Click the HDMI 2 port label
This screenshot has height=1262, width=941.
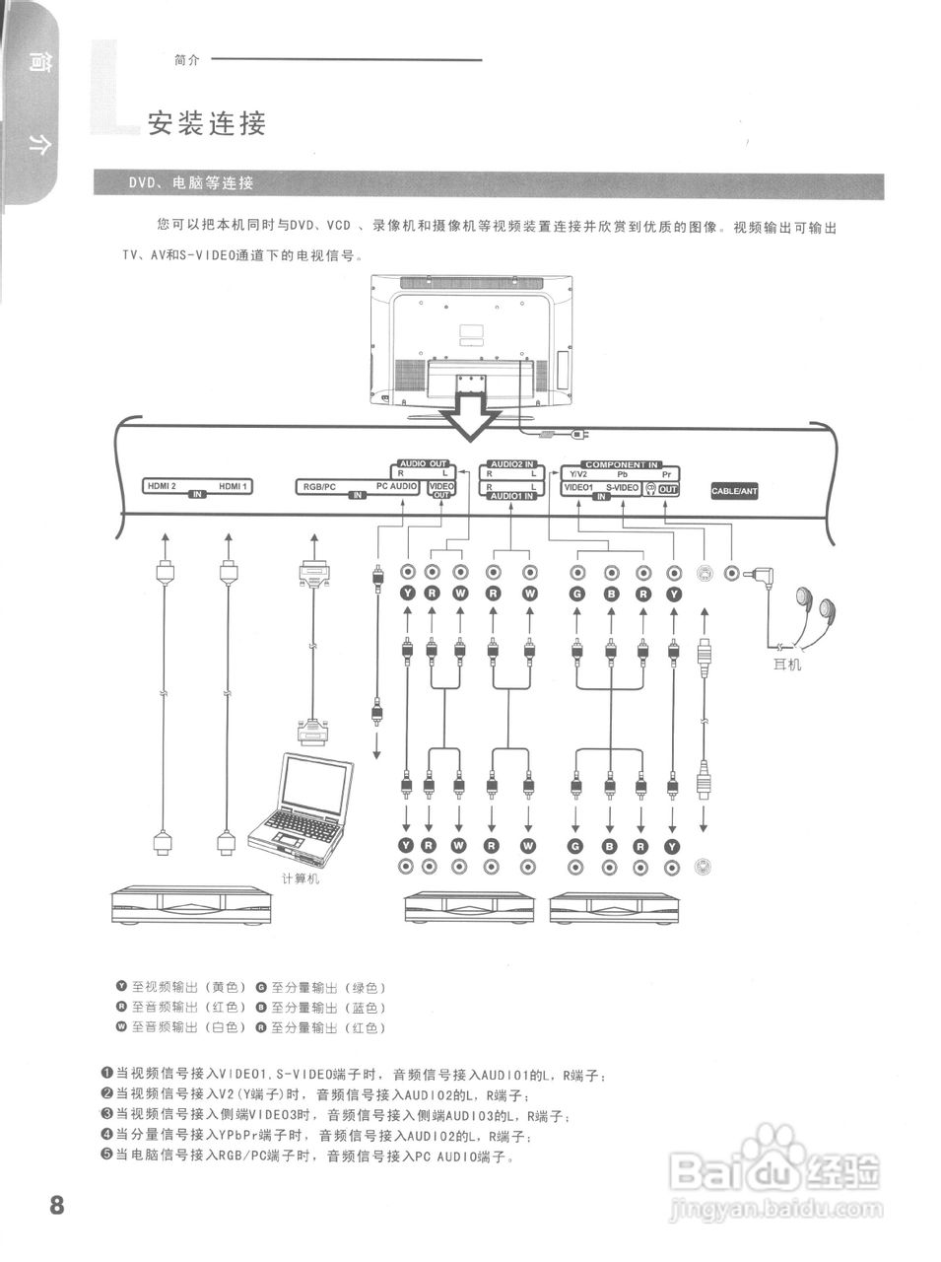click(161, 485)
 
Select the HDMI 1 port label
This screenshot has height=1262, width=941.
click(234, 485)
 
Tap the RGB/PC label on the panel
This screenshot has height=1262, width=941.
click(319, 486)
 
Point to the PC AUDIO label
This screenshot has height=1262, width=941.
click(397, 486)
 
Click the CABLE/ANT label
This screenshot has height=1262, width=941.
click(735, 490)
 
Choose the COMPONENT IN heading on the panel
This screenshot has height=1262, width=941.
click(621, 464)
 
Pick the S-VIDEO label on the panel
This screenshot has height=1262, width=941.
click(622, 488)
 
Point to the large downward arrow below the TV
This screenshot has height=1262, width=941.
click(470, 418)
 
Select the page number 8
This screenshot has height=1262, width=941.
click(56, 1204)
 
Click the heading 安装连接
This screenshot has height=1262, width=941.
click(207, 124)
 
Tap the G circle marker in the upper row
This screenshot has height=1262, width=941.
click(576, 594)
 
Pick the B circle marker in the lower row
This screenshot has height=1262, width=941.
click(609, 846)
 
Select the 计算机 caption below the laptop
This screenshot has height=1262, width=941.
click(301, 878)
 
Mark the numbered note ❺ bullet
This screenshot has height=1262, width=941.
click(106, 1156)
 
